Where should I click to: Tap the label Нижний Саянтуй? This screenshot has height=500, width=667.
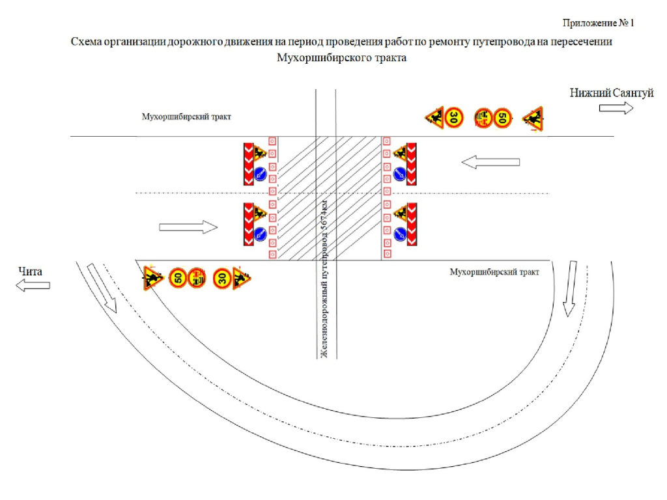click(x=611, y=94)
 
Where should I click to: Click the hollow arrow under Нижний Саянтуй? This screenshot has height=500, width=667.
click(x=616, y=108)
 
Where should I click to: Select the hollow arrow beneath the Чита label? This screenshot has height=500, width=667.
click(x=33, y=285)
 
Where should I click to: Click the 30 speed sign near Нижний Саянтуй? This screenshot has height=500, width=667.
click(x=453, y=118)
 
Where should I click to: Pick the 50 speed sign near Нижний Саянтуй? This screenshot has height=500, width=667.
click(x=501, y=118)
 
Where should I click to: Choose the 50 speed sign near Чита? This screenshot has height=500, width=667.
click(x=177, y=279)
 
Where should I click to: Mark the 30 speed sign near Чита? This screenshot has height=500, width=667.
click(x=221, y=279)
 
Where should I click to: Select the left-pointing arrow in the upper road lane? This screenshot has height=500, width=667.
click(x=490, y=162)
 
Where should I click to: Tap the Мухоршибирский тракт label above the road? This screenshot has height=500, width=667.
click(x=186, y=117)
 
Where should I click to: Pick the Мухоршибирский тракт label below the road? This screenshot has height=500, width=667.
click(x=494, y=272)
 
